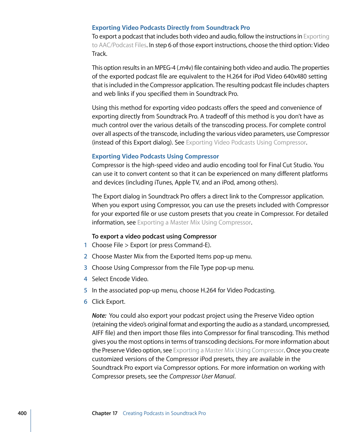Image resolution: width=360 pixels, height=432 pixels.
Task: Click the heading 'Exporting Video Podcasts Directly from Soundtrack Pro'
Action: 171,28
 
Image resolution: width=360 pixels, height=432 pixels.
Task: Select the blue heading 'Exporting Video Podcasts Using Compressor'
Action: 155,156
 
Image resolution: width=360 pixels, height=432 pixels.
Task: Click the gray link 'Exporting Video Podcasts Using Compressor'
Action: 246,143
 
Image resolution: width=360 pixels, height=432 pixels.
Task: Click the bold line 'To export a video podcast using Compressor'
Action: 154,237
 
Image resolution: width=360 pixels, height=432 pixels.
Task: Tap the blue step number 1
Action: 85,245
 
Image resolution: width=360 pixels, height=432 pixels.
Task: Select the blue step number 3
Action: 85,268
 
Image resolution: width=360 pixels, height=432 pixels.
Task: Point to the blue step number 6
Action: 85,302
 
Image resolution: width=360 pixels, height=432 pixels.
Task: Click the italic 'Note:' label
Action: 99,316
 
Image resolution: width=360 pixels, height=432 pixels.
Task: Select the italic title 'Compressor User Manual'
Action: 202,377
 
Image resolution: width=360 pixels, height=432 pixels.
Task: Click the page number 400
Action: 22,413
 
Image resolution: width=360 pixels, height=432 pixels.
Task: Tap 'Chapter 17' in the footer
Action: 105,413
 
